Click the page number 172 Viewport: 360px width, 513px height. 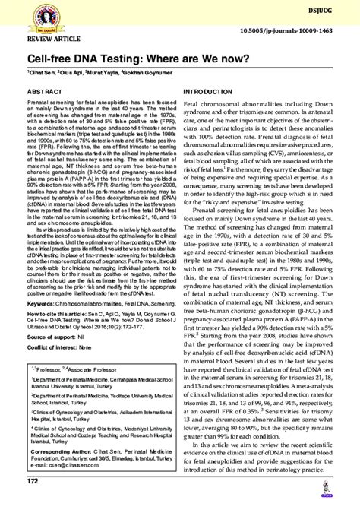coord(33,503)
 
